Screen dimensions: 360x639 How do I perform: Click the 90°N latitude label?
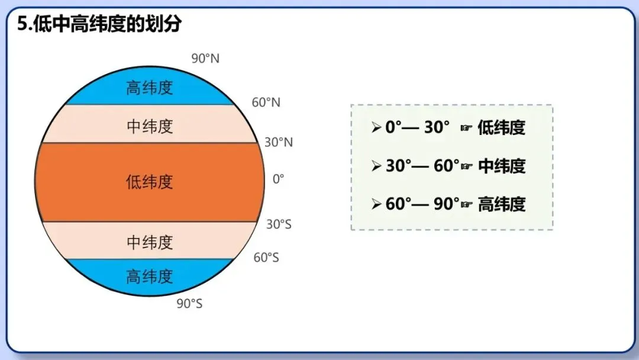tap(205, 59)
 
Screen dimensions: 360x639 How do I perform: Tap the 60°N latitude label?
tap(266, 102)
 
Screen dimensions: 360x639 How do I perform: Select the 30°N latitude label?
tap(279, 143)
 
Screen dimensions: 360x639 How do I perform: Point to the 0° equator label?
tap(278, 179)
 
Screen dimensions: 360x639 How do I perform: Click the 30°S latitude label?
tap(279, 224)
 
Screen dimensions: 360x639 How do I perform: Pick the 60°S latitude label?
tap(266, 258)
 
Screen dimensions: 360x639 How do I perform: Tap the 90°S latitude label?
tap(189, 304)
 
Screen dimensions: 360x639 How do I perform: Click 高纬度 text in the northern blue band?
tap(150, 88)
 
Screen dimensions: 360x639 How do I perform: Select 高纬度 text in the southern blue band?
tap(150, 276)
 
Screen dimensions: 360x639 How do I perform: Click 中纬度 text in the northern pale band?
tap(150, 126)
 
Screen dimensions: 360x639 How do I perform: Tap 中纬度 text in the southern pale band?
tap(150, 242)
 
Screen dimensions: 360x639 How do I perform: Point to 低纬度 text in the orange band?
tap(150, 181)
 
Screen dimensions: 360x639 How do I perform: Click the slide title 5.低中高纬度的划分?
tap(99, 24)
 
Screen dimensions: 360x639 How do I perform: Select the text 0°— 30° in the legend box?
tap(418, 127)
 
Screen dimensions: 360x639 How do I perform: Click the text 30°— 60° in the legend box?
tap(422, 166)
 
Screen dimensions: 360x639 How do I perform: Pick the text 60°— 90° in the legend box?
tap(422, 204)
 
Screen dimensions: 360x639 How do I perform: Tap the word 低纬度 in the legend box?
tap(501, 127)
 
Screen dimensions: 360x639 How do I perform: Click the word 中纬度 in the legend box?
tap(501, 166)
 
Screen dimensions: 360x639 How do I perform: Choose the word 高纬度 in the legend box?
tap(501, 204)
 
